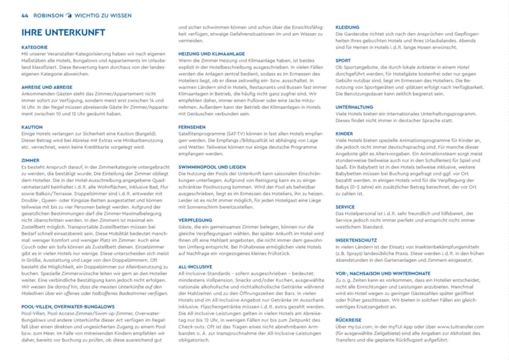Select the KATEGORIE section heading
[x=34, y=47]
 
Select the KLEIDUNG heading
[x=347, y=27]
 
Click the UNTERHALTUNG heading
[x=354, y=107]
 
